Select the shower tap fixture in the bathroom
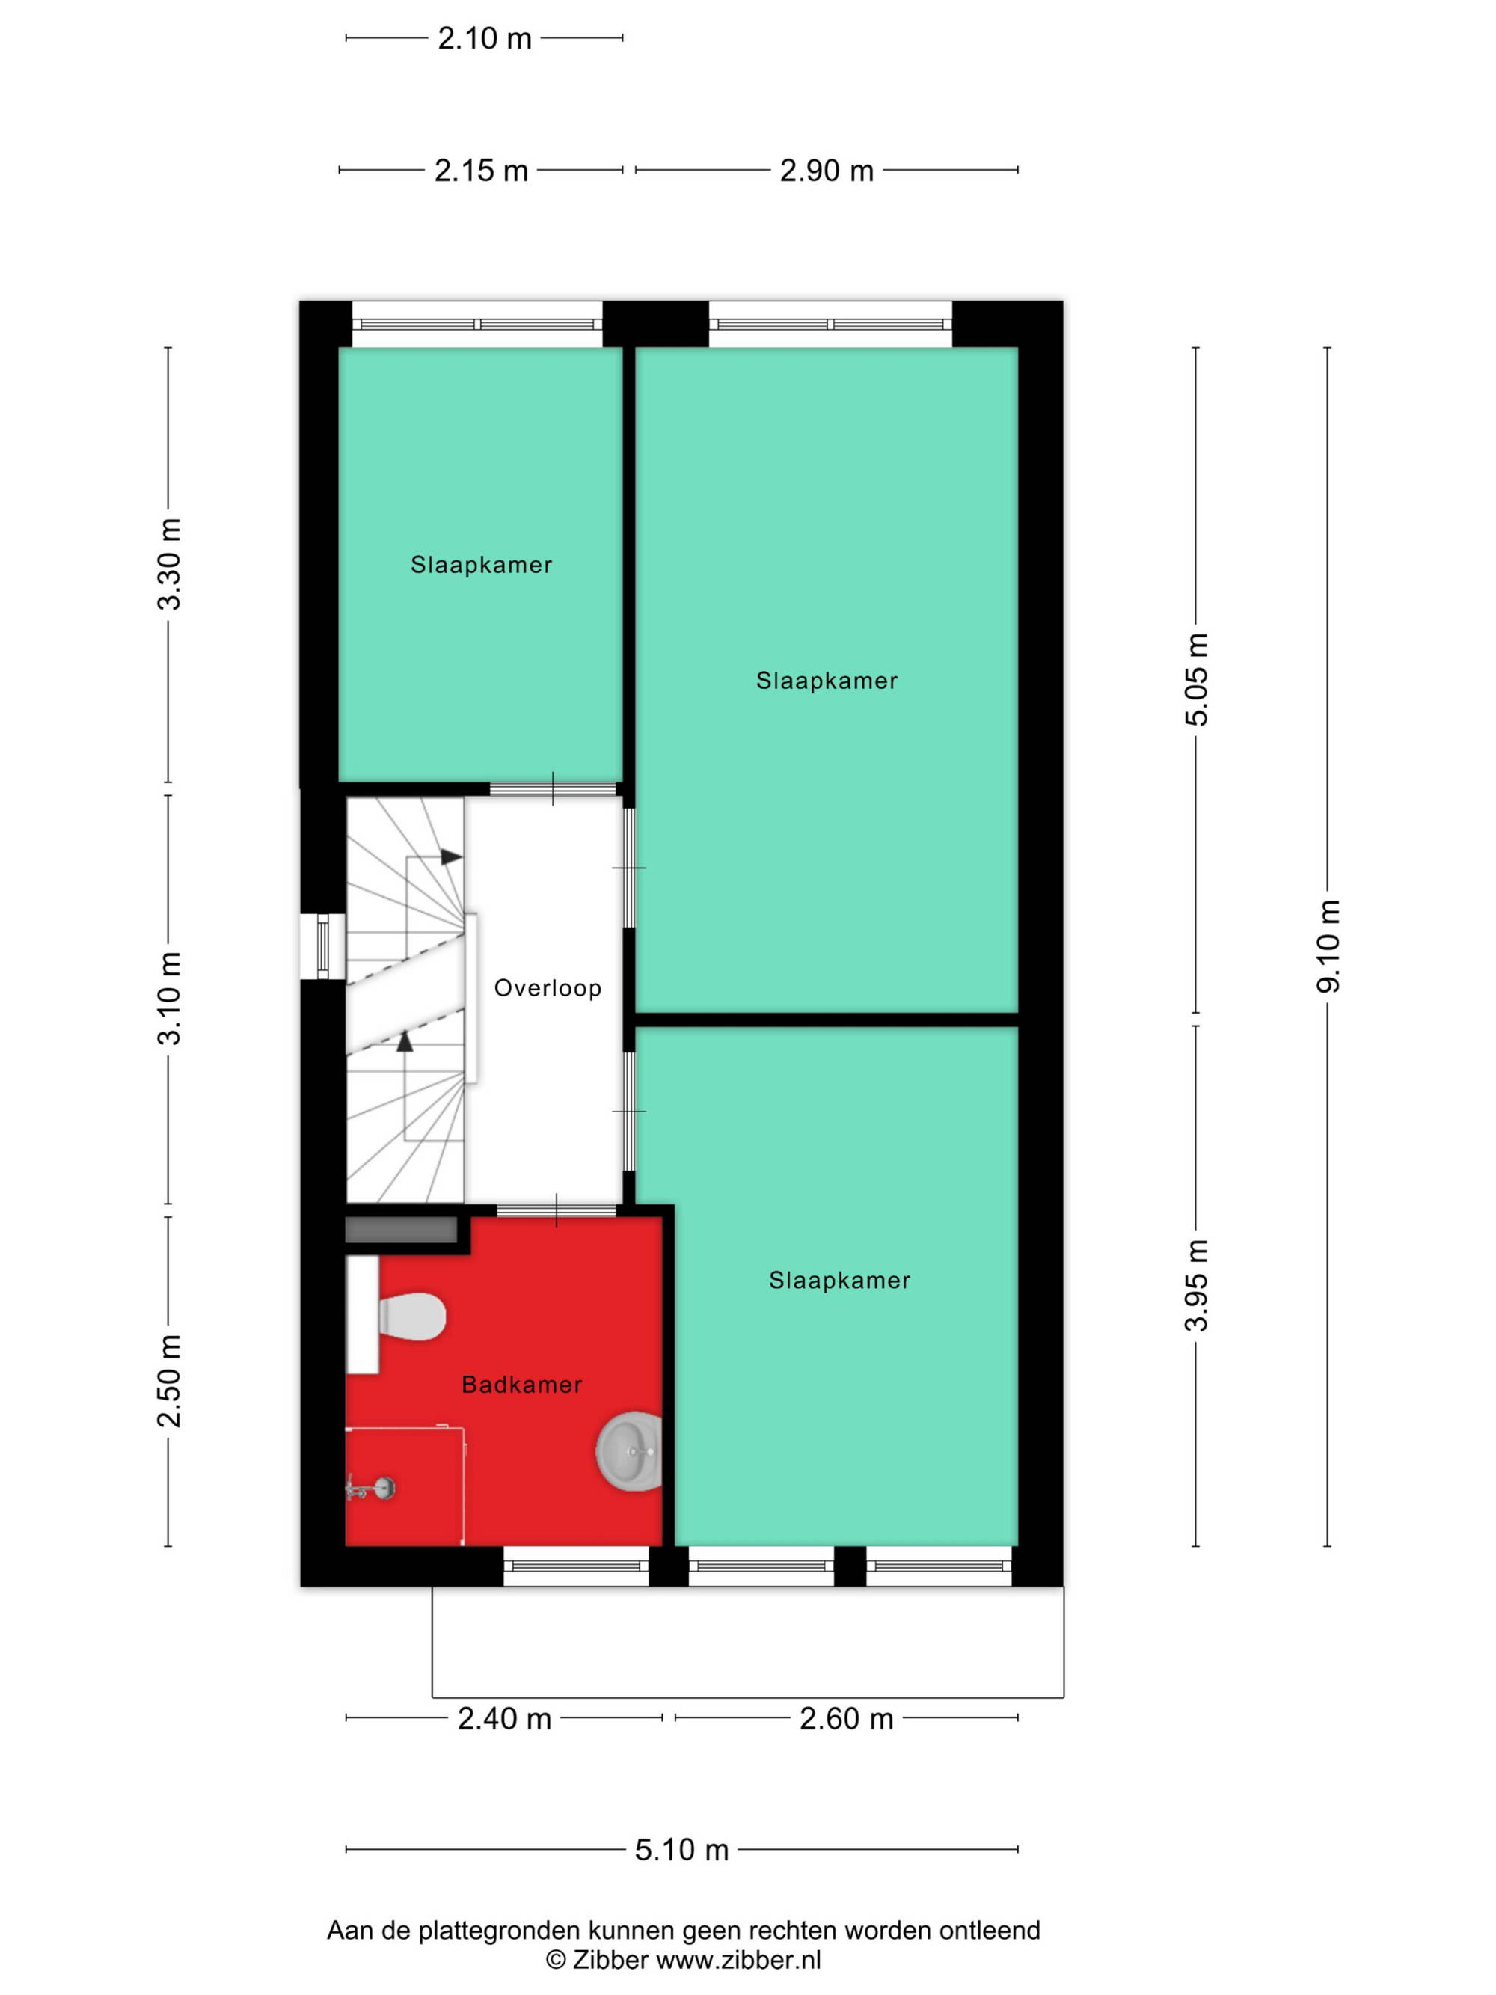(x=370, y=1487)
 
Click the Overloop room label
(x=548, y=987)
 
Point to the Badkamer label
(x=521, y=1385)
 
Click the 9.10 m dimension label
(x=1328, y=946)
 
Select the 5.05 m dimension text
(x=1197, y=679)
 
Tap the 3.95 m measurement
(x=1197, y=1285)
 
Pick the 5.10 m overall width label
(x=681, y=1850)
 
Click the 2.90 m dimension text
(x=826, y=171)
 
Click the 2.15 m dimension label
(x=481, y=171)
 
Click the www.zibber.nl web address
(x=738, y=1959)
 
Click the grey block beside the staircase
(x=401, y=1231)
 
